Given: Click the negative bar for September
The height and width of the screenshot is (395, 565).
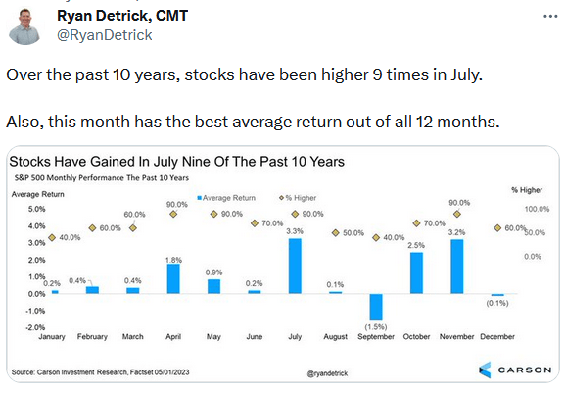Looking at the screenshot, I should [x=376, y=306].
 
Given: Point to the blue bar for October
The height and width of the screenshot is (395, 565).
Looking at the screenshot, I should [x=416, y=272].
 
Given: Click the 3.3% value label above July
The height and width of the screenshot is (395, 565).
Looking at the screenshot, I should [x=295, y=230].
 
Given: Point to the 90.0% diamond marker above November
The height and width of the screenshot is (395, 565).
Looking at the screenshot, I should [x=457, y=215].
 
